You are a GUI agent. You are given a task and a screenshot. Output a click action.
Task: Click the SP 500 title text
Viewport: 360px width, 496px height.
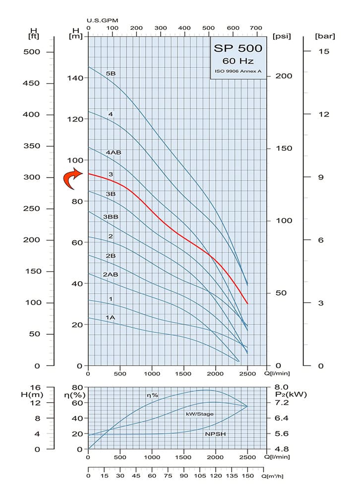click(x=238, y=49)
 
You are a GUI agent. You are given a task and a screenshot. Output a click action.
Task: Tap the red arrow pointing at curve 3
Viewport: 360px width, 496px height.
click(x=72, y=179)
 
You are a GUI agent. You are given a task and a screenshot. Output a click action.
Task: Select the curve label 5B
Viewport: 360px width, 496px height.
click(x=111, y=73)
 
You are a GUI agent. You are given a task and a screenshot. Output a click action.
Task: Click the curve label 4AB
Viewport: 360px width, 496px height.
click(x=113, y=152)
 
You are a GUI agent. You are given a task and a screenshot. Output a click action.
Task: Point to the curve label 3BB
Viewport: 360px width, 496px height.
click(x=111, y=217)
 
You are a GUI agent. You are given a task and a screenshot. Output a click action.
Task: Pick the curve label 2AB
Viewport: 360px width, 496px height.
click(x=110, y=274)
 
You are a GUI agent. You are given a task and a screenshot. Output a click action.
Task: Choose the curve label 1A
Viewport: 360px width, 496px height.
click(x=110, y=317)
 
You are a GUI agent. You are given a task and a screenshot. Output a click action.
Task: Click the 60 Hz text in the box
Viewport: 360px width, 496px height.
click(x=238, y=62)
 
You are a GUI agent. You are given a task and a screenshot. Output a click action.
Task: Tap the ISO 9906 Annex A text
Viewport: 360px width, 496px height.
click(x=238, y=72)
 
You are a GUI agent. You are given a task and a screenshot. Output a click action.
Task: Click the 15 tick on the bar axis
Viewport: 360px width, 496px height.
click(x=323, y=52)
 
